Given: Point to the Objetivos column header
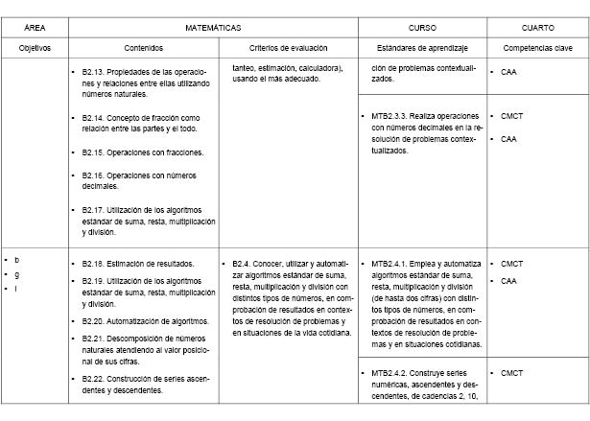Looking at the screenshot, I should click(34, 47).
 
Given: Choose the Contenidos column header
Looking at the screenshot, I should click(144, 47).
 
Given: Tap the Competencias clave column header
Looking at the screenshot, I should click(537, 47).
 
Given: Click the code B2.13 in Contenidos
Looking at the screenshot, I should click(94, 72).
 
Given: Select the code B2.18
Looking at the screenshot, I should click(94, 263).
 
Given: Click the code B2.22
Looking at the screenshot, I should click(94, 379).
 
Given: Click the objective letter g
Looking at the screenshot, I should click(16, 273).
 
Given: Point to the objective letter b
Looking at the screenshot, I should click(16, 260).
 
